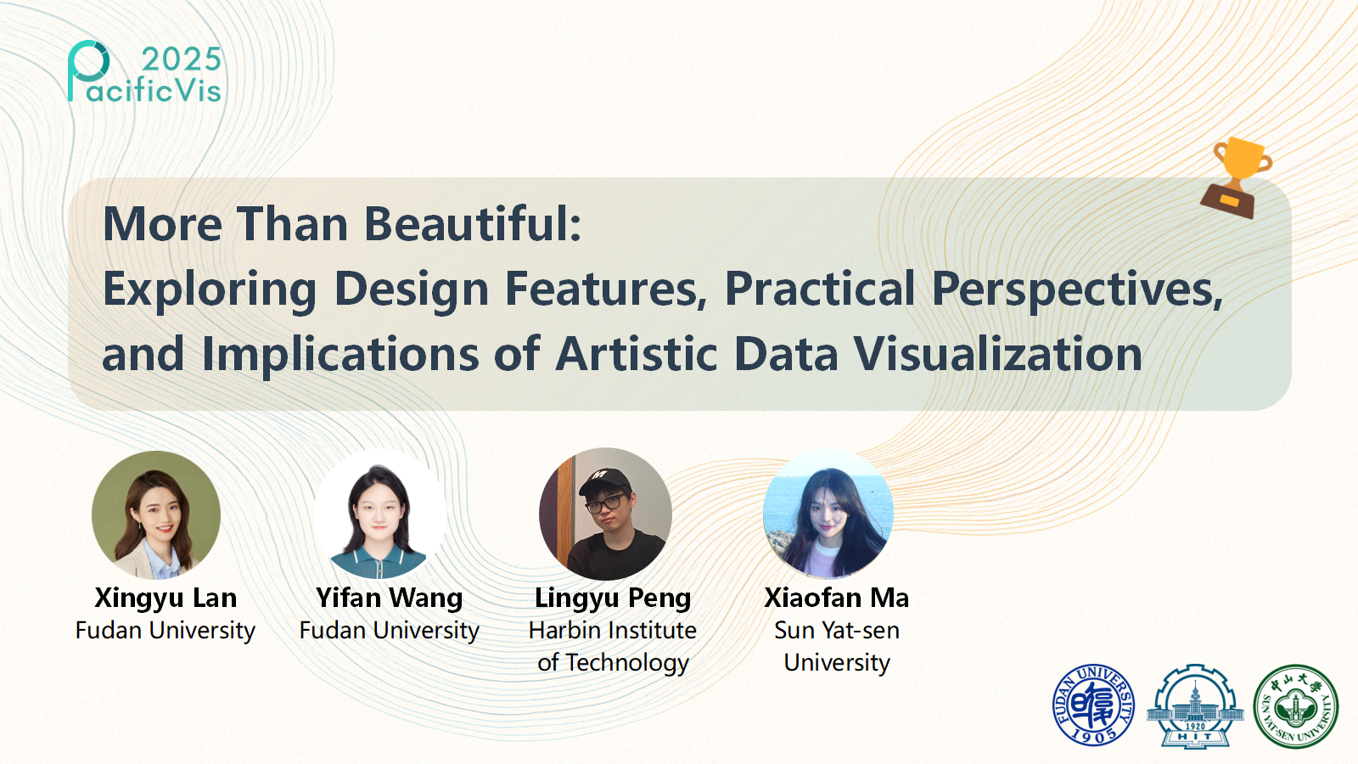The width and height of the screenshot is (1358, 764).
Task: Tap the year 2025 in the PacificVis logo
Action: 182,59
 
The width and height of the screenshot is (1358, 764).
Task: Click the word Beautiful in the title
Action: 473,224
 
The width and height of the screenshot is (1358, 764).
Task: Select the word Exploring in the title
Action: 210,289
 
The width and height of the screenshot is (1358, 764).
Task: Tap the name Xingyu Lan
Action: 166,598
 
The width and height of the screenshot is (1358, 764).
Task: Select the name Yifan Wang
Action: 390,598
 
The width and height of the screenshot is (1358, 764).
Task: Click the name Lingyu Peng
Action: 613,598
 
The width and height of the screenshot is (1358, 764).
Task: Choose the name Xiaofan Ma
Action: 837,598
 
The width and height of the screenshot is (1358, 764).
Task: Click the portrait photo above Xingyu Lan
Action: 156,514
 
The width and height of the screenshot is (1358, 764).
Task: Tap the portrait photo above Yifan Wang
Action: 379,514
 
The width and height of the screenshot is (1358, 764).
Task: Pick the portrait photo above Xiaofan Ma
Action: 828,514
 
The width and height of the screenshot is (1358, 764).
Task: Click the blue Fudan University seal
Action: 1094,705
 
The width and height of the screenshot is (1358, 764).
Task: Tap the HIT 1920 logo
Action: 1195,705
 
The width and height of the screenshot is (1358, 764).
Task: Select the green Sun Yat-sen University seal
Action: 1296,705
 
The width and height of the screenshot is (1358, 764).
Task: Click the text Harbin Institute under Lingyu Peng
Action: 613,631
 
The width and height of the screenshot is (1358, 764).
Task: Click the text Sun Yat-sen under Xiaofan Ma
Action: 837,631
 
